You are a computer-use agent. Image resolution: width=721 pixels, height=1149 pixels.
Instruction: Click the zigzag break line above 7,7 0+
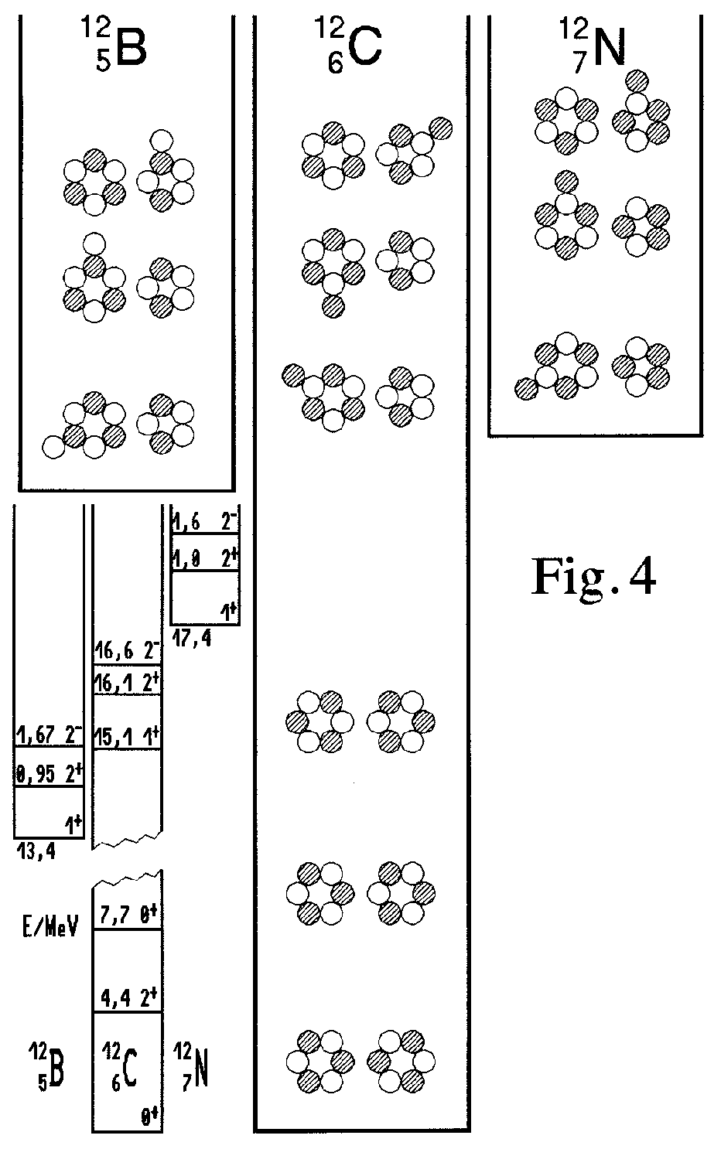pyautogui.click(x=128, y=879)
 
